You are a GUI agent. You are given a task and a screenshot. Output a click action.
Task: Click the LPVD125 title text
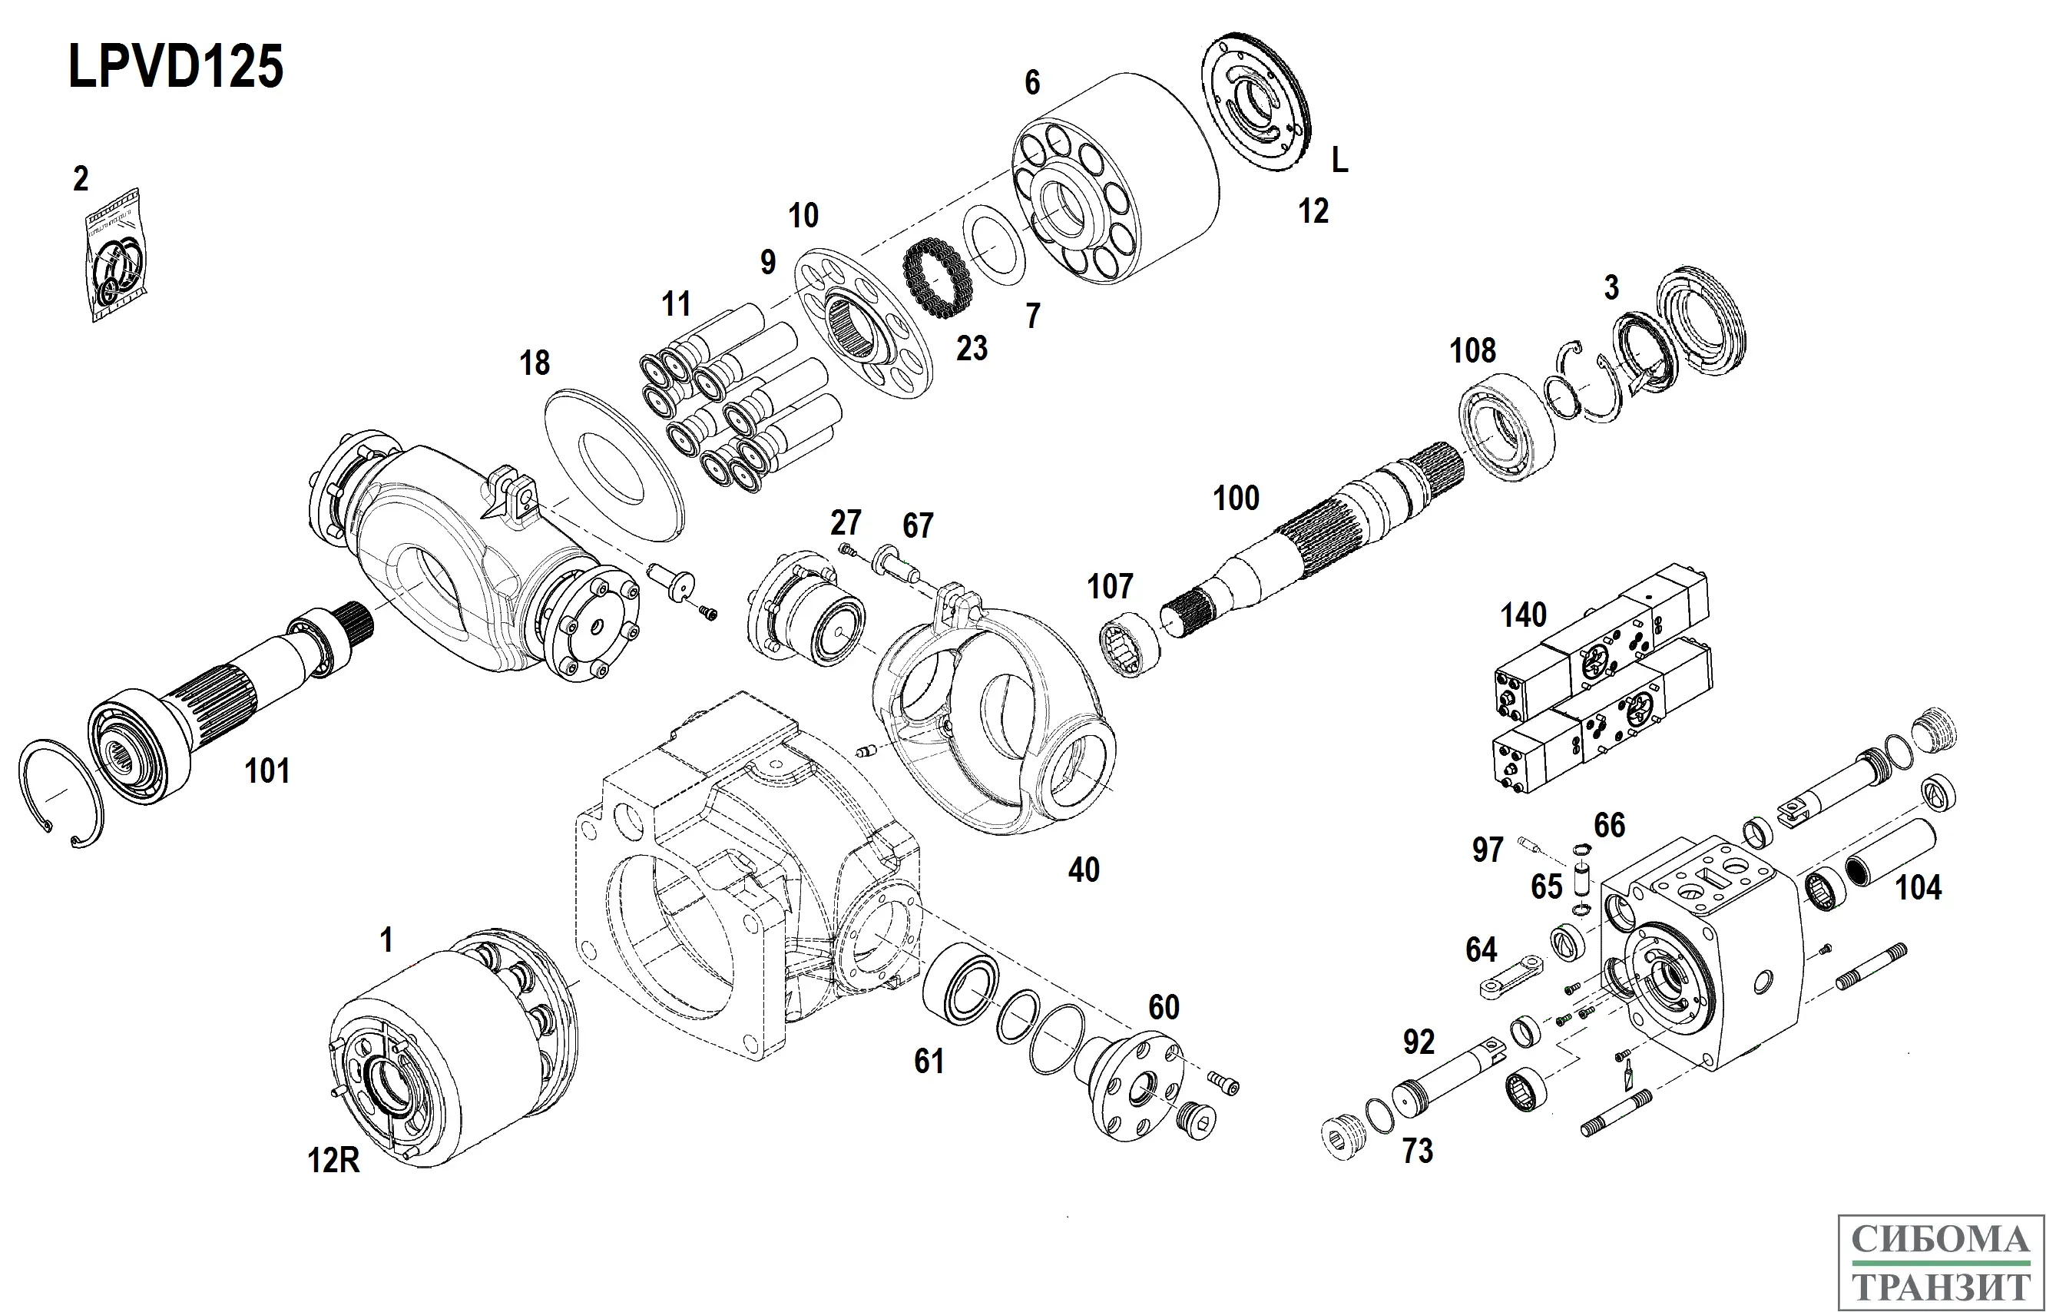click(x=175, y=68)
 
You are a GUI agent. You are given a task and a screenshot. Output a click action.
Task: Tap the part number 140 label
click(x=1523, y=615)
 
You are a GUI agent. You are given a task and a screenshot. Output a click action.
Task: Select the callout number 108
click(x=1473, y=350)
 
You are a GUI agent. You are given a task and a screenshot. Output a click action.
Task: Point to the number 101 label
click(x=267, y=771)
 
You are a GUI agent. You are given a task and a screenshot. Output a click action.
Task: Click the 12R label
click(x=333, y=1161)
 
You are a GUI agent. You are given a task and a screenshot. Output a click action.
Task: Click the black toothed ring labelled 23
click(x=936, y=279)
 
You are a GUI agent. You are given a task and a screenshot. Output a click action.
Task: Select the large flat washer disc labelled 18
click(x=614, y=464)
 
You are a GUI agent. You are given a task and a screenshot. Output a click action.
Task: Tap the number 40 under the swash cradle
click(x=1084, y=870)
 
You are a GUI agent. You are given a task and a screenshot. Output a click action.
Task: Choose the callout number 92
click(x=1419, y=1042)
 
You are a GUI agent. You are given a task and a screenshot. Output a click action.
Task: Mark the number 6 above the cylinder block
click(x=1032, y=83)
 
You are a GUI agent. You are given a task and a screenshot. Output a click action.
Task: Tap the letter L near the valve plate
click(x=1340, y=161)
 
